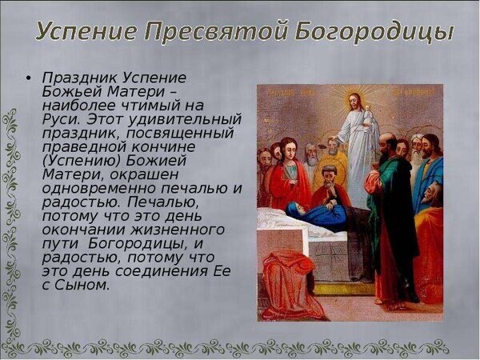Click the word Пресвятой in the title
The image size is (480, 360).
(x=215, y=30)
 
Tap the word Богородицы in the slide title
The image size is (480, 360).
(x=374, y=31)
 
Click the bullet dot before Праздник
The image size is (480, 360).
(x=29, y=78)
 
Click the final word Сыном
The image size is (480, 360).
(x=82, y=285)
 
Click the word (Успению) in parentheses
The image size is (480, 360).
(x=82, y=162)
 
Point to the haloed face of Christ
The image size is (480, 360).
(x=355, y=103)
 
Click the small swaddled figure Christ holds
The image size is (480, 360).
(x=369, y=117)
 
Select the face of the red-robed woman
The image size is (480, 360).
(x=289, y=150)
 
